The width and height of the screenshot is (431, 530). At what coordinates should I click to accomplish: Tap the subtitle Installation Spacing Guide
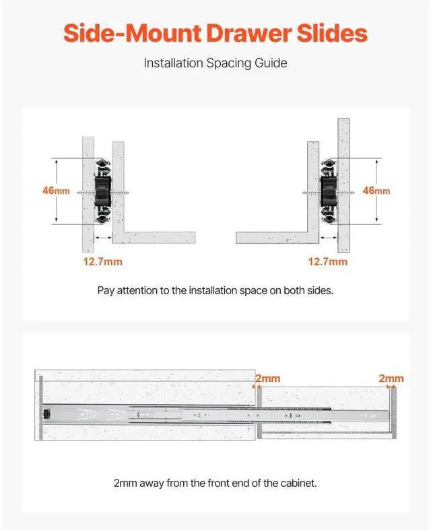pyautogui.click(x=215, y=63)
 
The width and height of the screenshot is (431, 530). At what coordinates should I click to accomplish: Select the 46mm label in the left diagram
pyautogui.click(x=56, y=191)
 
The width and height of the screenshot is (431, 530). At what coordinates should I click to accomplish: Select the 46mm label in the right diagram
pyautogui.click(x=376, y=191)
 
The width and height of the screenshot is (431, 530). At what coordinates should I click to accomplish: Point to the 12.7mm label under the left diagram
pyautogui.click(x=103, y=261)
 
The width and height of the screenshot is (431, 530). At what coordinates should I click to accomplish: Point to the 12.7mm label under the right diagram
pyautogui.click(x=328, y=261)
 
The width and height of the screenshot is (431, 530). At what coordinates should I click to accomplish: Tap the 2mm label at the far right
pyautogui.click(x=391, y=378)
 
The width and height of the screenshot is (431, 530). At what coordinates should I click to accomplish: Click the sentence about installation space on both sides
pyautogui.click(x=215, y=291)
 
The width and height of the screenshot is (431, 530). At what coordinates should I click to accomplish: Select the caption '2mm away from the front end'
pyautogui.click(x=215, y=483)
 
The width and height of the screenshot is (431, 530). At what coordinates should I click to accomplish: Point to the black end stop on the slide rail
pyautogui.click(x=45, y=413)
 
